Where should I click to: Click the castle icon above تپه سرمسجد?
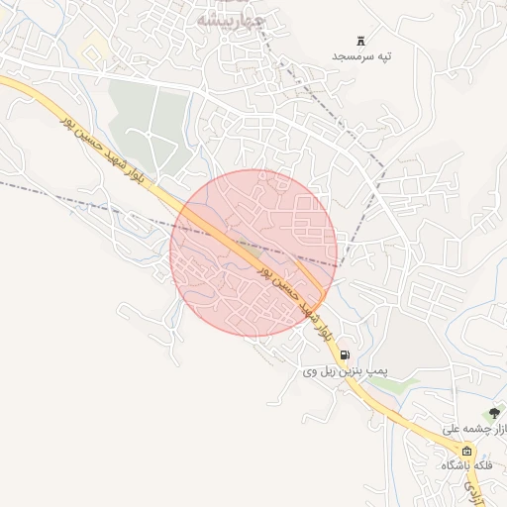tap(360, 41)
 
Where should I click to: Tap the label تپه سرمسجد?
tap(361, 56)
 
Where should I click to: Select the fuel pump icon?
tap(344, 355)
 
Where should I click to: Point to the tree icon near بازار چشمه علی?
tap(494, 412)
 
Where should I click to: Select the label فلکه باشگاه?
tap(467, 464)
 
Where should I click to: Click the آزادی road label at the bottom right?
tap(481, 487)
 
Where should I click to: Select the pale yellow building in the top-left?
tap(96, 44)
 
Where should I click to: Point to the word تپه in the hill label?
tap(384, 56)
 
